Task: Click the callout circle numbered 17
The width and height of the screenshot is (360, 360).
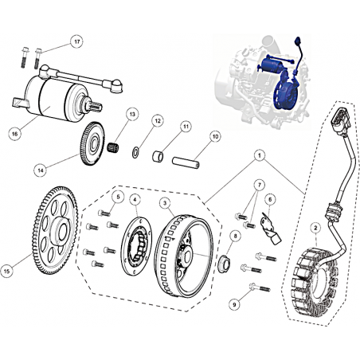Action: [76, 41]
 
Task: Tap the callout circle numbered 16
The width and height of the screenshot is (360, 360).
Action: [15, 134]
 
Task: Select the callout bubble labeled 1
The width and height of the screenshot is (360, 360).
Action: [260, 155]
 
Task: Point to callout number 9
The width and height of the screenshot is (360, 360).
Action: [234, 304]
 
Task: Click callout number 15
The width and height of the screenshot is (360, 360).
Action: [7, 271]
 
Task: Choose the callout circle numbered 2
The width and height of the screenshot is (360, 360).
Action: [315, 228]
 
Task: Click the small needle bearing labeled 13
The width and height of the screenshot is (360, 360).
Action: [114, 147]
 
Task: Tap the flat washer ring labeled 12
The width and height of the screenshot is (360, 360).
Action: [135, 153]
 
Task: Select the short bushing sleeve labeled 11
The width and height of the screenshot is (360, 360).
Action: [158, 156]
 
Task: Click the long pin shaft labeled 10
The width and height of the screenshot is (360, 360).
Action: [186, 162]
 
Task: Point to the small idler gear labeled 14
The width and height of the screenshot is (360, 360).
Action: [92, 143]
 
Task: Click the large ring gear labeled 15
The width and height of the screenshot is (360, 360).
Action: [55, 230]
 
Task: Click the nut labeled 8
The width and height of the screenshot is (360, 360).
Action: [225, 264]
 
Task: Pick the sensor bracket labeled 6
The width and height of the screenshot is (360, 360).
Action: [270, 229]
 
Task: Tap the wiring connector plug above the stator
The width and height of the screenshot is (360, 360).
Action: [341, 120]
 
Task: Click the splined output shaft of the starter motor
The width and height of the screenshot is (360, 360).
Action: [93, 104]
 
